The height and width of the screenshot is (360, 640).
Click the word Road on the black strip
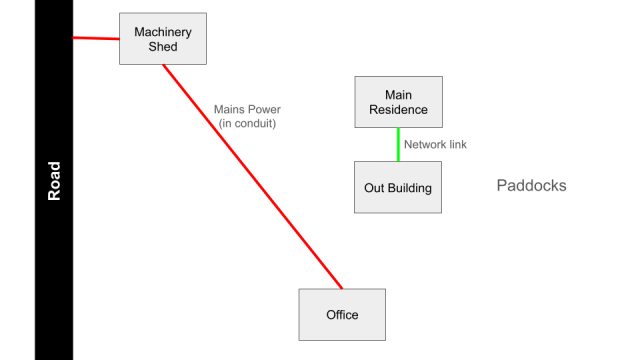tap(55, 181)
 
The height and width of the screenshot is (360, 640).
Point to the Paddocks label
tap(531, 186)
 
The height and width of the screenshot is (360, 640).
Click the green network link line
tap(398, 144)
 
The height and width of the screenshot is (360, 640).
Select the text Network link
tap(435, 145)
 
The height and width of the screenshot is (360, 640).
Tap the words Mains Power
tap(247, 110)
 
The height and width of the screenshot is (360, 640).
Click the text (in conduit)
tap(247, 124)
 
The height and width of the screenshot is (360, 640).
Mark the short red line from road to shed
tap(96, 39)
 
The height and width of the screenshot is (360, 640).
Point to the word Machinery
tap(163, 33)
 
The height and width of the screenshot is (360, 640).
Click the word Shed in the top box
tap(163, 47)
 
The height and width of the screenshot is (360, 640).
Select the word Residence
tap(398, 110)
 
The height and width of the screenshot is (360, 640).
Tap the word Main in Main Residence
tap(398, 96)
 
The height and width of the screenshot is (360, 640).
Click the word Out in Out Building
tap(373, 188)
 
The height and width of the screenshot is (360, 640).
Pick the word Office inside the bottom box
tap(342, 316)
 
